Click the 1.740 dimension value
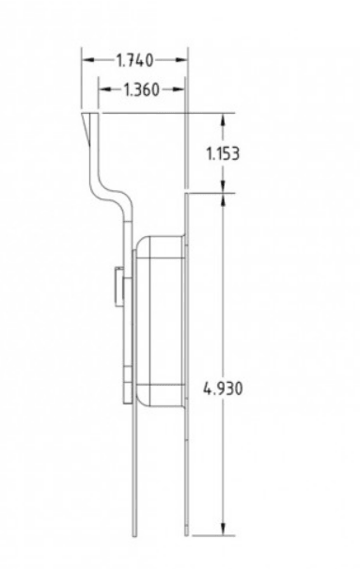(x=135, y=60)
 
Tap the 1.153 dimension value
(x=222, y=153)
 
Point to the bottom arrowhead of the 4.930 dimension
(x=223, y=530)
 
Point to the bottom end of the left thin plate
(x=134, y=534)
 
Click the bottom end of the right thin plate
(x=186, y=534)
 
